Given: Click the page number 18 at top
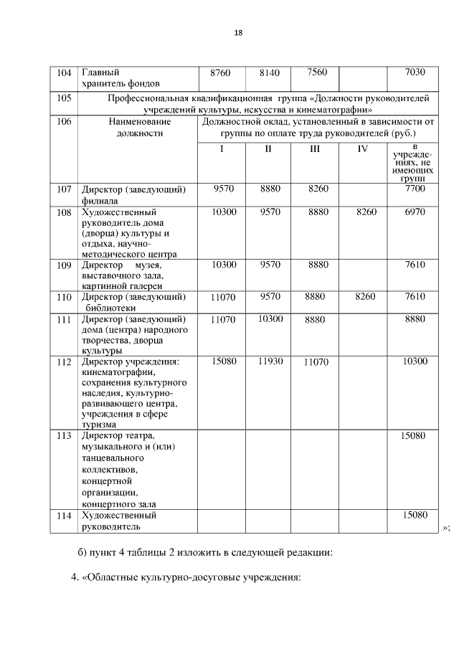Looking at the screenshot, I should (238, 32).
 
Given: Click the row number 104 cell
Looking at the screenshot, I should (64, 72).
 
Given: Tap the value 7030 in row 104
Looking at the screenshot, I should (415, 72).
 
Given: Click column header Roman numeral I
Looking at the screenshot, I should (222, 148).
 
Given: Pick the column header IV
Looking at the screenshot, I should (362, 148).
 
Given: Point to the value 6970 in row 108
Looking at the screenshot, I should (415, 212).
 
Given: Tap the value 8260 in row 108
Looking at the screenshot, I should (362, 212).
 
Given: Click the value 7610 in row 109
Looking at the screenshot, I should (415, 265).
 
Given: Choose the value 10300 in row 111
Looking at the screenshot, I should (270, 318).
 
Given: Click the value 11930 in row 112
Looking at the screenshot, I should (270, 361).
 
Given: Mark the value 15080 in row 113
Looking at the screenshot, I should (415, 435).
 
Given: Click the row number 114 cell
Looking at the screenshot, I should (64, 516).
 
